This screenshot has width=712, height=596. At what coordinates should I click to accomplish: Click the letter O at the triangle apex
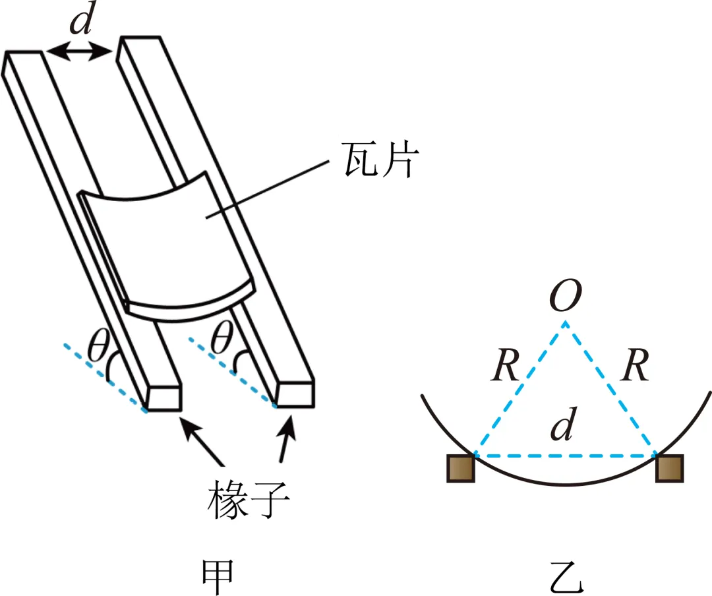pos(566,299)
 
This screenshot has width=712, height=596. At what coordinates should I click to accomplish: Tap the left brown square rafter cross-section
pos(460,468)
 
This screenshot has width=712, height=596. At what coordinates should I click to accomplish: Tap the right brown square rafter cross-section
pos(670,468)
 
